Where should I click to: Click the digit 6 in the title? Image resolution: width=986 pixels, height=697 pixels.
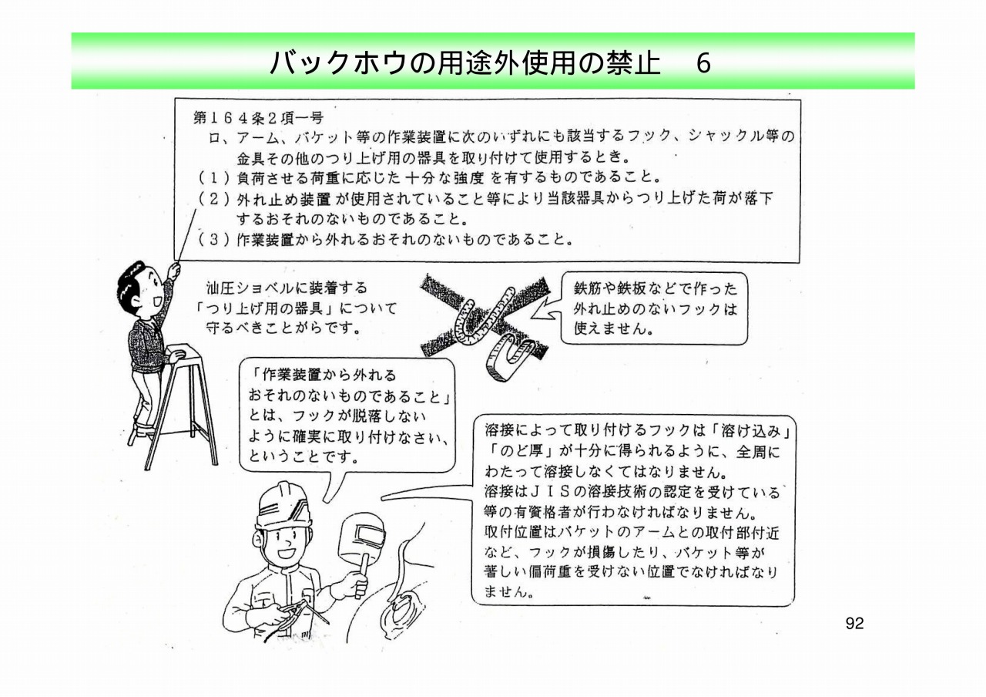pos(703,64)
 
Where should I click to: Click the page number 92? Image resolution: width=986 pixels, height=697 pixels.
pos(854,624)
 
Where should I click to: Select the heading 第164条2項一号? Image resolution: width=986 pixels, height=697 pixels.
pos(258,118)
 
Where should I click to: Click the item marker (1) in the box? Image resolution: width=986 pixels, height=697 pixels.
pos(214,177)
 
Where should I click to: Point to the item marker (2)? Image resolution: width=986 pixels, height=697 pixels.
pos(214,199)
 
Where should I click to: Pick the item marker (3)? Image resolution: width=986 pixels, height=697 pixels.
pos(214,239)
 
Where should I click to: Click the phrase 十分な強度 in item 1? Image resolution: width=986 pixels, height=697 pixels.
pos(444,177)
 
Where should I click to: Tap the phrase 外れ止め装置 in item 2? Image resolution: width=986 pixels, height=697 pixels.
pos(283,200)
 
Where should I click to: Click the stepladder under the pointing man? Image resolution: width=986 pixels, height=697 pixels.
pos(180,406)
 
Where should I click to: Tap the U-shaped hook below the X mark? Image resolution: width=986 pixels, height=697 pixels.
pos(510,356)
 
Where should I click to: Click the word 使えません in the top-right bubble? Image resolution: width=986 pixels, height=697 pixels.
pos(607,328)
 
